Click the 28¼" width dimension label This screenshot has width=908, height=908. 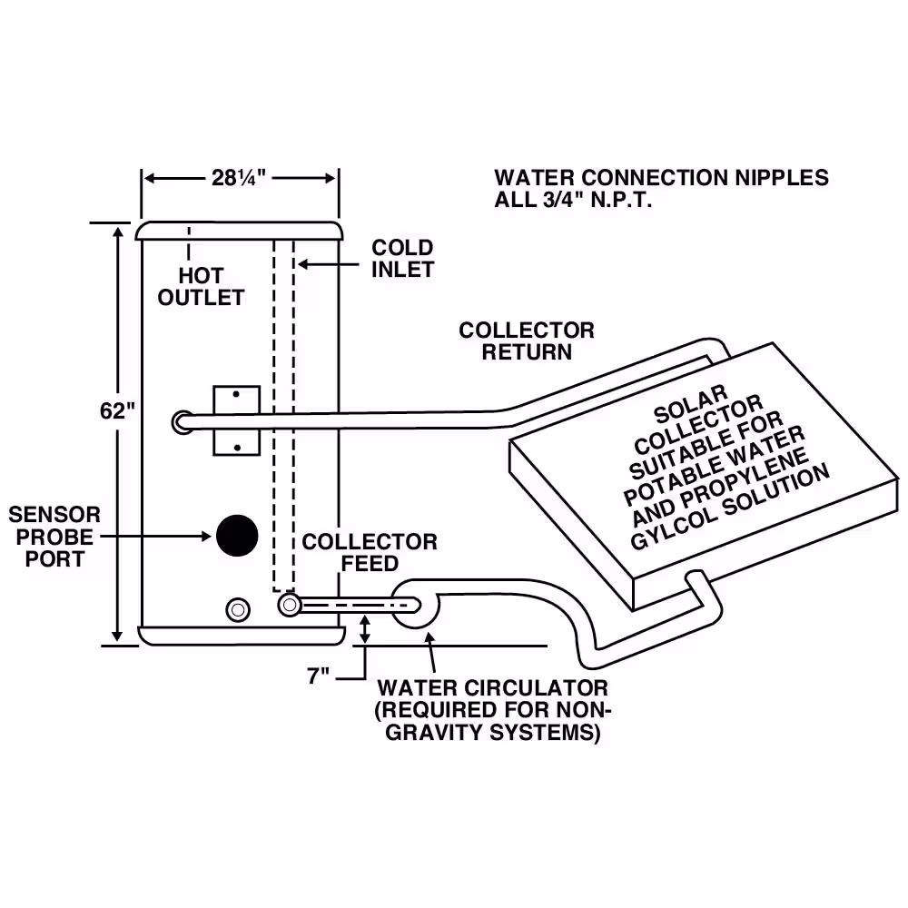click(239, 178)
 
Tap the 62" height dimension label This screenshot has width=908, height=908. click(117, 410)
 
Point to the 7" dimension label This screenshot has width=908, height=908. click(318, 676)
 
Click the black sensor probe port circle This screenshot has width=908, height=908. click(237, 536)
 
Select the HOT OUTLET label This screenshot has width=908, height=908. click(201, 286)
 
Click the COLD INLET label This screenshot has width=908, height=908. click(402, 258)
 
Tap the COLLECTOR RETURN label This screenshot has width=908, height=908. click(527, 341)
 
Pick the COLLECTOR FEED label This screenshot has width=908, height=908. click(370, 552)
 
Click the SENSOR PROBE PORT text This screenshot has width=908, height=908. click(54, 537)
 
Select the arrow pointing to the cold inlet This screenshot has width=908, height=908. click(328, 264)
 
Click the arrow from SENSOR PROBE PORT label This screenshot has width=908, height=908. click(155, 537)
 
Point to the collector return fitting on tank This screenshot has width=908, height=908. click(183, 422)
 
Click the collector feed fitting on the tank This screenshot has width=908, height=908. click(290, 606)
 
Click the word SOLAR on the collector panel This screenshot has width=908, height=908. click(690, 404)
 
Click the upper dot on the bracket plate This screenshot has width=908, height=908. click(236, 394)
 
